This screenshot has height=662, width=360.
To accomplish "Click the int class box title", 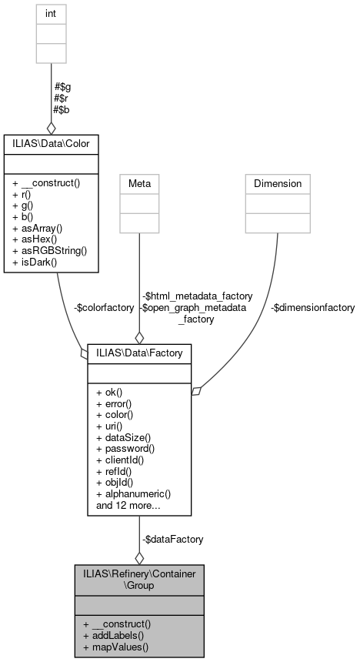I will tap(52, 13).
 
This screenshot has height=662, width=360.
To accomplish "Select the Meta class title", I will tap(139, 183).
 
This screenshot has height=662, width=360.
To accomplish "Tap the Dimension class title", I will tap(278, 183).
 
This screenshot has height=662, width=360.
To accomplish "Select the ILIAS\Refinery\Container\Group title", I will tap(139, 579).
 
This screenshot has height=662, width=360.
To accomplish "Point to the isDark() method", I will tap(35, 262).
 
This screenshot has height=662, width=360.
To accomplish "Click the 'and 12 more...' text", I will tap(128, 505).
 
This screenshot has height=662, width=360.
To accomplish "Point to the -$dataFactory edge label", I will tap(172, 540).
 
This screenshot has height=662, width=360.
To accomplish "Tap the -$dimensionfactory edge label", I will tap(312, 307).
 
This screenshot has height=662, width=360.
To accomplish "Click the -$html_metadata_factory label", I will tap(195, 296).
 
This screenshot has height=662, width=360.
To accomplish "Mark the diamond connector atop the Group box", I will tap(139, 557).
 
